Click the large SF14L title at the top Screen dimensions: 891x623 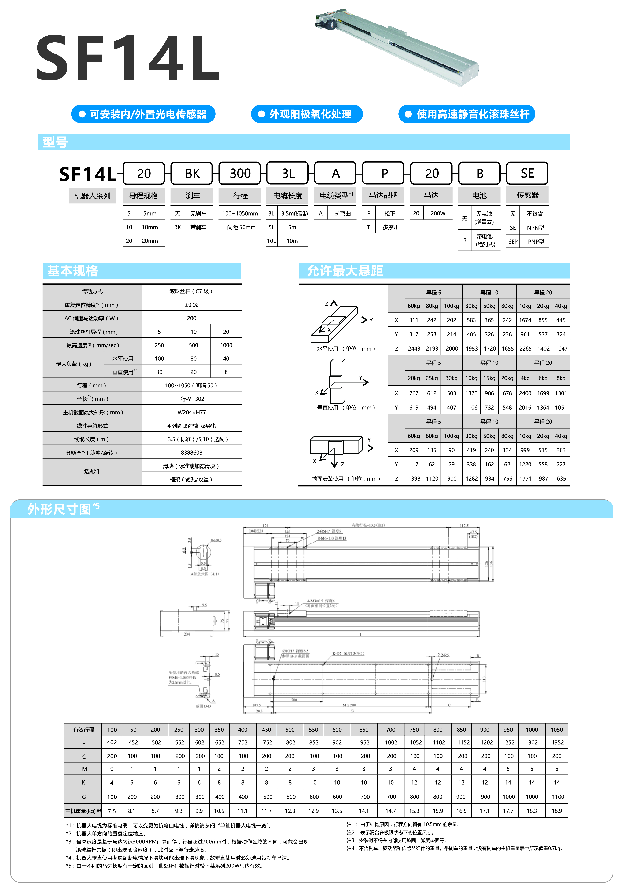click(128, 57)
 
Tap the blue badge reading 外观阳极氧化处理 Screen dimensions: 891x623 click(307, 114)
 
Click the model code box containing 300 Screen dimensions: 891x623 click(240, 173)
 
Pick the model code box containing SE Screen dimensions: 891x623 click(527, 173)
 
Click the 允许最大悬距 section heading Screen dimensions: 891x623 click(345, 270)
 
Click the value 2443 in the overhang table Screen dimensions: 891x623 click(414, 348)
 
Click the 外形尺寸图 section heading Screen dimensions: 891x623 click(59, 509)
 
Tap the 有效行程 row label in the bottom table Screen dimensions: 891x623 click(83, 730)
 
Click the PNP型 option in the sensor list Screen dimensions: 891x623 click(536, 241)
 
